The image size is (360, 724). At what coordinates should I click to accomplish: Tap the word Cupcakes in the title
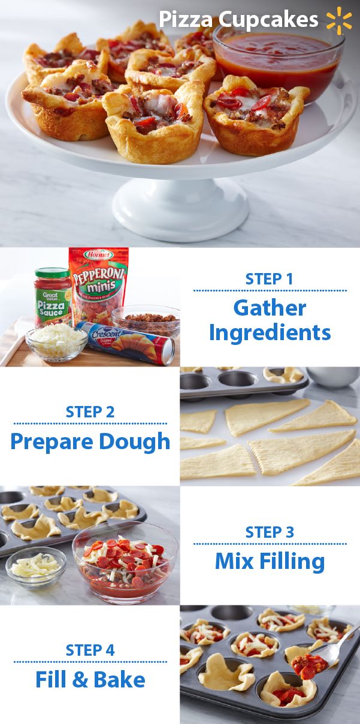coord(268,20)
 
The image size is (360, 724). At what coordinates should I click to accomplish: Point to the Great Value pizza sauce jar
coord(53,296)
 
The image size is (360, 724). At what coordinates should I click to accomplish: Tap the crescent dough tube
coord(126,343)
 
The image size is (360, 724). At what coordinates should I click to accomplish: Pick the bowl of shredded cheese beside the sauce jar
coord(56,343)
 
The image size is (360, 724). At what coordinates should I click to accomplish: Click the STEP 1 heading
coord(269,279)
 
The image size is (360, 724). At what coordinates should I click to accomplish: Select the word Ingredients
coord(270,334)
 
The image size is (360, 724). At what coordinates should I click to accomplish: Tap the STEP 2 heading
coord(90,412)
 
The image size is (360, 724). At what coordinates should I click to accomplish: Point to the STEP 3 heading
coord(270,532)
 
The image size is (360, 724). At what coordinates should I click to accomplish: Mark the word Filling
coord(292,562)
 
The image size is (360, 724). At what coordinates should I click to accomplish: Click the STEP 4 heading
coord(90,650)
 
